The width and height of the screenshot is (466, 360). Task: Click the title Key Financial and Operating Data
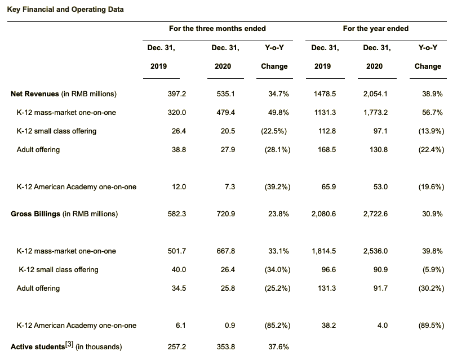(65, 10)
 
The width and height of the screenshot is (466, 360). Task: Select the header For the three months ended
(217, 28)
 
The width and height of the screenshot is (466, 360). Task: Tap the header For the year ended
(375, 28)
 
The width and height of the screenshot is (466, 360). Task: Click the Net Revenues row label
(64, 94)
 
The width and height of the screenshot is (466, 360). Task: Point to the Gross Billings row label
(64, 214)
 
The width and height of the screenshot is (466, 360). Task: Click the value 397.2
(177, 94)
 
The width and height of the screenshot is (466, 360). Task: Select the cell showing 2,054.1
(374, 94)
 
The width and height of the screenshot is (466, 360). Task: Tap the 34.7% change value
(279, 94)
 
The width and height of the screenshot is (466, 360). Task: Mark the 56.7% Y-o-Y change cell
(432, 112)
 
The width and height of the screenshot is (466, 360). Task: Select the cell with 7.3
(230, 186)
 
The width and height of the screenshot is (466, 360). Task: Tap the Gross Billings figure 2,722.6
(374, 214)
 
